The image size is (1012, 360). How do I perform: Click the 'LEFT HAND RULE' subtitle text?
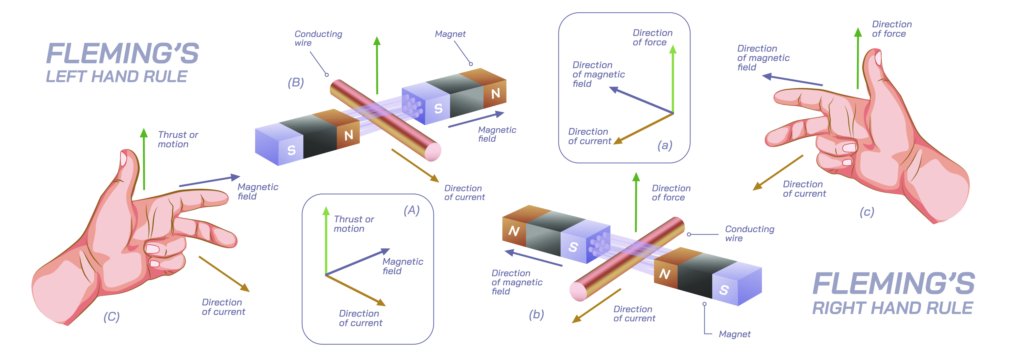click(x=117, y=77)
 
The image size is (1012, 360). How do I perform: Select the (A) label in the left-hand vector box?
click(x=411, y=211)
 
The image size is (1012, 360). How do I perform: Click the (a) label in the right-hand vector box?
click(x=665, y=145)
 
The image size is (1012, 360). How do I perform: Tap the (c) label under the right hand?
click(x=867, y=212)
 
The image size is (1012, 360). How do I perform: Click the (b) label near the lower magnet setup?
click(x=536, y=314)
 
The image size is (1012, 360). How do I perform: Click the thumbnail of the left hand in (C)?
click(x=123, y=159)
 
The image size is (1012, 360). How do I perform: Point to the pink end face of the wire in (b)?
click(x=578, y=292)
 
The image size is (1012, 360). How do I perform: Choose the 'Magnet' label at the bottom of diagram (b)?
click(x=734, y=334)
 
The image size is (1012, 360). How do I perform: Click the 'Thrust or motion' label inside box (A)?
click(x=354, y=224)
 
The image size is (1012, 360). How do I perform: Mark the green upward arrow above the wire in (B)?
click(x=377, y=65)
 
